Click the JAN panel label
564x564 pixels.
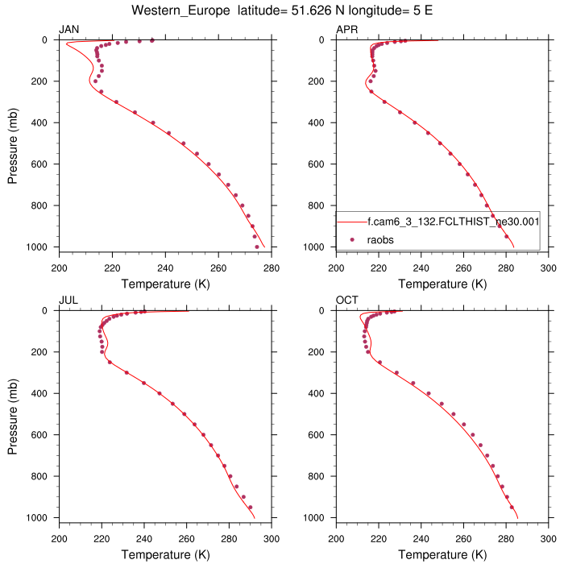point(69,29)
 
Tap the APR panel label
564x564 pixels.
point(346,29)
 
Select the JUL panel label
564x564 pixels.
point(68,300)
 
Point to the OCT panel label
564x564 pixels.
point(347,300)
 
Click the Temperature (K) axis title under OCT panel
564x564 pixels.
point(442,554)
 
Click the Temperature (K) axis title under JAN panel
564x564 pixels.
point(165,284)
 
